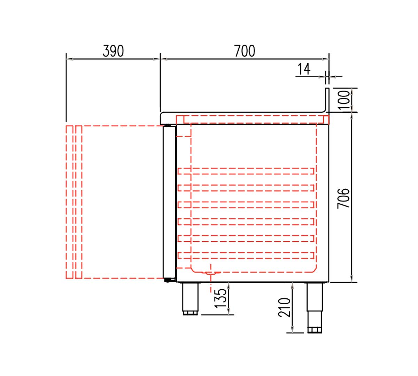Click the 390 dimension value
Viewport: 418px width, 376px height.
(x=113, y=51)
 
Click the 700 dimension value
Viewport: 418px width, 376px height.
(x=245, y=51)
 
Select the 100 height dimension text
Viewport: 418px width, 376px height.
(x=343, y=100)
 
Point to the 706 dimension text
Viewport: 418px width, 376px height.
(x=343, y=198)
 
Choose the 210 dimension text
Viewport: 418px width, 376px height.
(x=285, y=307)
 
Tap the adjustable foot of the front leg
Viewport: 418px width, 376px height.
(x=190, y=313)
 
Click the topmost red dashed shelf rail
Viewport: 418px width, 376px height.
(x=246, y=171)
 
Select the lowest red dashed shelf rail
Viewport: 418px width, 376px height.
(x=246, y=255)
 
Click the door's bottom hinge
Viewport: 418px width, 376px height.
(x=169, y=279)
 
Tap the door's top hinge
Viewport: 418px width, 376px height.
(x=169, y=126)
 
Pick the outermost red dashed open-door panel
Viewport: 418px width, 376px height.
(x=69, y=202)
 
